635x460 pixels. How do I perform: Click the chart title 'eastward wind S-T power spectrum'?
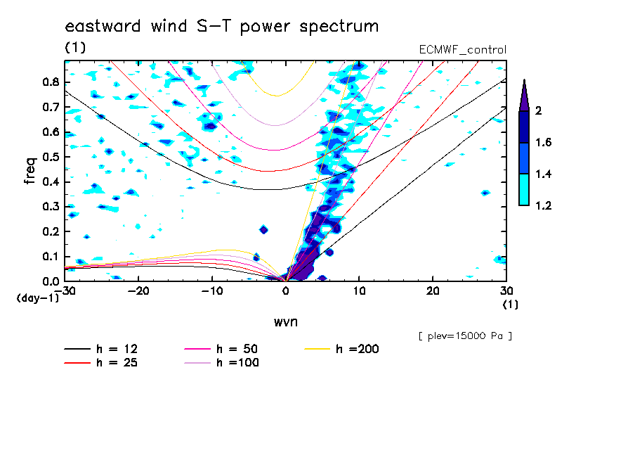coord(222,27)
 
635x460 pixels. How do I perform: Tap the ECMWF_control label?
coord(461,49)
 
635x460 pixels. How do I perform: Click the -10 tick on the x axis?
coord(212,290)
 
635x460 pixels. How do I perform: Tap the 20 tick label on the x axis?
coord(433,290)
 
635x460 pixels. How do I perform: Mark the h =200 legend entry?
coord(343,349)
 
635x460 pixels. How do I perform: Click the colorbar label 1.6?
coord(544,143)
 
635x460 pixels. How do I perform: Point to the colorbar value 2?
coord(537,111)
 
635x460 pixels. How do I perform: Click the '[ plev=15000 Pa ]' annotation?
coord(465,336)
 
